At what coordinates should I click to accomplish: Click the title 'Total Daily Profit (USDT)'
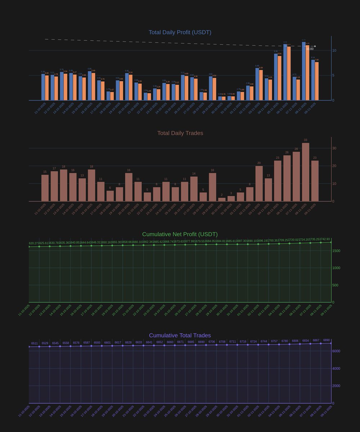pos(180,32)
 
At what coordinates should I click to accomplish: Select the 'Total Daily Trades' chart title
pos(180,133)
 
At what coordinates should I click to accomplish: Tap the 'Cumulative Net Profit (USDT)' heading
pos(180,234)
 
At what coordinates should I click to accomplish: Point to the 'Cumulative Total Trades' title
pos(180,336)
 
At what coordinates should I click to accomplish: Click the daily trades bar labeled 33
pos(306,172)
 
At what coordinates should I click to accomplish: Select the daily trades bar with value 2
pos(222,199)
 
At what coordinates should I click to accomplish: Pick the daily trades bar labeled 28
pos(296,176)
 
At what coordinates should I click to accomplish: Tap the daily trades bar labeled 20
pos(259,184)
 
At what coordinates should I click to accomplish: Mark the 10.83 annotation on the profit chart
pos(310,49)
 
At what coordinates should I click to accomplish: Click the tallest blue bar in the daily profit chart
pos(304,71)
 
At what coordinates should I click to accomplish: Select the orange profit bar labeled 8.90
pos(279,78)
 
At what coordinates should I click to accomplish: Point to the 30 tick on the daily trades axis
pos(334,148)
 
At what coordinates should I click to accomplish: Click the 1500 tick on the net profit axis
pos(336,251)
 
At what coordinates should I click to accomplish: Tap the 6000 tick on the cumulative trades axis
pos(336,351)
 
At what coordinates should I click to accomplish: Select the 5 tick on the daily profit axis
pos(334,76)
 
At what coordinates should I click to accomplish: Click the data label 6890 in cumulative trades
pos(326,340)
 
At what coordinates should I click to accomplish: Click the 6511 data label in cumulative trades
pos(35,343)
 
